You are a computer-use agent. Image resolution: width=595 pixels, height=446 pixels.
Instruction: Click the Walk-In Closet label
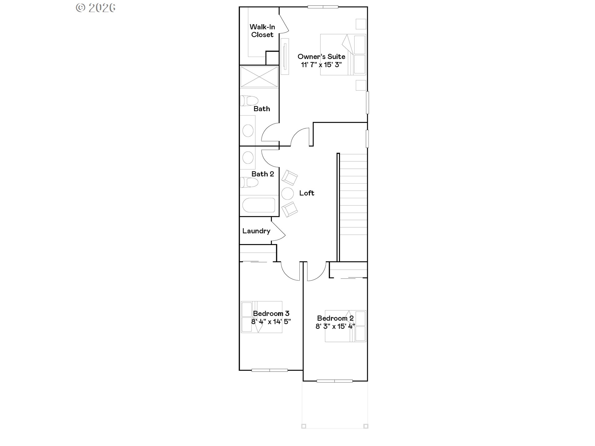[x=262, y=31]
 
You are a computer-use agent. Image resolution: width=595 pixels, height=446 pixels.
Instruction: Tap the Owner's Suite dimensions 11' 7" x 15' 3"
[x=321, y=65]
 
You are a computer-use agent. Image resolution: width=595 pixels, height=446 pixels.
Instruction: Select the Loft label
[x=306, y=193]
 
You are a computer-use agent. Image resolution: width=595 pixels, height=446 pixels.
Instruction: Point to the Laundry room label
[x=256, y=231]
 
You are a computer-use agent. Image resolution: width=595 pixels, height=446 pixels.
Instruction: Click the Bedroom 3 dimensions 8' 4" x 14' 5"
[x=271, y=322]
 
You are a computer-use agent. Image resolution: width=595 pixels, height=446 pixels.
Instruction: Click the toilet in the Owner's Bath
[x=249, y=101]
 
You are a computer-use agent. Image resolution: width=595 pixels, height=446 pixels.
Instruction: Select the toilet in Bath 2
[x=249, y=182]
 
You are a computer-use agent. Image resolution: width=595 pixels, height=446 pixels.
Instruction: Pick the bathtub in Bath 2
[x=258, y=205]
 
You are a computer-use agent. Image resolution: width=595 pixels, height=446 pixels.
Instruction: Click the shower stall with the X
[x=259, y=77]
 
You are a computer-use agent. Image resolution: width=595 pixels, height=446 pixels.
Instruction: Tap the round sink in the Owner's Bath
[x=248, y=130]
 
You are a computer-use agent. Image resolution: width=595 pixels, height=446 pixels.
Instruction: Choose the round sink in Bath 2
[x=248, y=158]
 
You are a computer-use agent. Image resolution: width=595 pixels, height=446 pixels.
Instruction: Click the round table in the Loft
[x=287, y=194]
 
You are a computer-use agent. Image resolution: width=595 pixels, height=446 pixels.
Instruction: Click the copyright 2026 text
[x=96, y=8]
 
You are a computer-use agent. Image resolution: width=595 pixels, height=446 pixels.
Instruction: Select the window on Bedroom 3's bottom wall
[x=270, y=370]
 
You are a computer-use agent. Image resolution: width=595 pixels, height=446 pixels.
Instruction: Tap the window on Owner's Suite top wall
[x=323, y=7]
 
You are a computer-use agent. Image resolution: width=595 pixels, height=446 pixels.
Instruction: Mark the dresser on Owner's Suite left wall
[x=285, y=56]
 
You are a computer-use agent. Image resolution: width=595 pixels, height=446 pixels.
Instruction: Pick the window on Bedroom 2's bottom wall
[x=334, y=381]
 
